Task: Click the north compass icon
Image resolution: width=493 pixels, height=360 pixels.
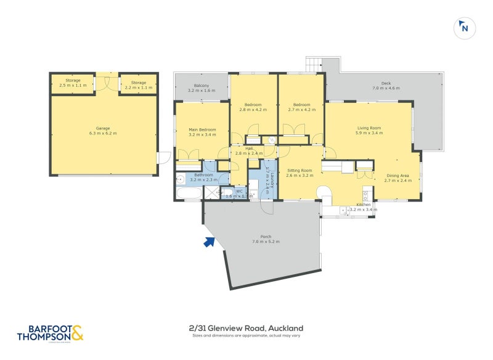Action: [465, 28]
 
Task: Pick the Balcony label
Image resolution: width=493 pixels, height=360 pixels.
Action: [201, 88]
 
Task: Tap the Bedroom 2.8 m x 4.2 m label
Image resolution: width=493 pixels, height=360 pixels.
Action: [253, 107]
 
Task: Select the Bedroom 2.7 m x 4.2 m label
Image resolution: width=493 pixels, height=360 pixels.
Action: [301, 107]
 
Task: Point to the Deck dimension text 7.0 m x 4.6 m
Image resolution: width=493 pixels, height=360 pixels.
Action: [386, 89]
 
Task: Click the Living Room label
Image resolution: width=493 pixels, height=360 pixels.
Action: [369, 130]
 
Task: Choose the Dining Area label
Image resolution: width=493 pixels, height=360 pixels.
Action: [397, 178]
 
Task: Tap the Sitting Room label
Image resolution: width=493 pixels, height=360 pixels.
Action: [299, 173]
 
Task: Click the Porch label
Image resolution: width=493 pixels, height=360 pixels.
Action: [266, 239]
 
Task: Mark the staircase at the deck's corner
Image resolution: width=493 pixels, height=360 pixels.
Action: [314, 63]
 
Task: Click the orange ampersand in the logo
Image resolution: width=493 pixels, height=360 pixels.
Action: [76, 333]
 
